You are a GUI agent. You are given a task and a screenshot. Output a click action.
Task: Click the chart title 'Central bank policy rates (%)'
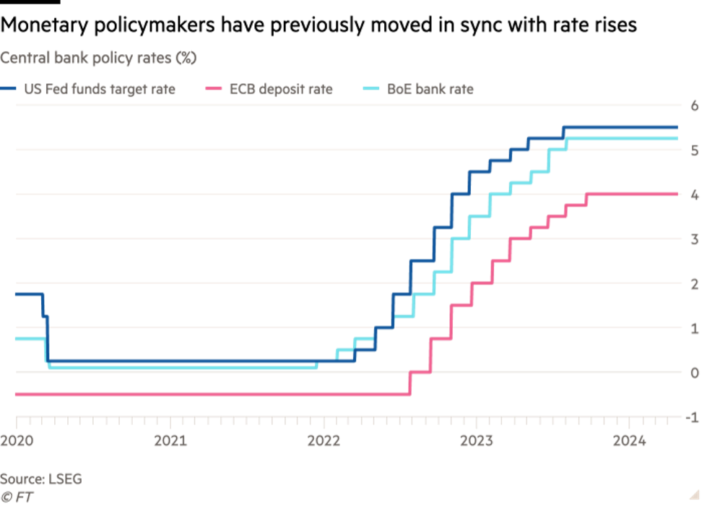[x=98, y=58]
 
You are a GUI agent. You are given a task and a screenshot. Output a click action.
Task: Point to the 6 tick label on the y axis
[x=695, y=106]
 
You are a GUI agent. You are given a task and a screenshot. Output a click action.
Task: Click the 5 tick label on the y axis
[x=695, y=151]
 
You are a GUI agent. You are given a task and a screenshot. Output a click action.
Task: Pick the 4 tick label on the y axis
[x=695, y=195]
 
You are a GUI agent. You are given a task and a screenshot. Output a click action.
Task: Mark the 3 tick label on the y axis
[x=695, y=240]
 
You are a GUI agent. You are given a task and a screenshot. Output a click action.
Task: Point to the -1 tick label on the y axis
[x=693, y=418]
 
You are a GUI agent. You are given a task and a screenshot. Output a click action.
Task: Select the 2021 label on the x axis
[x=170, y=439]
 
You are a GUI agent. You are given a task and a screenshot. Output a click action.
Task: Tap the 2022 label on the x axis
[x=324, y=439]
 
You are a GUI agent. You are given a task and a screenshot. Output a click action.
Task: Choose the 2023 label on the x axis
[x=477, y=439]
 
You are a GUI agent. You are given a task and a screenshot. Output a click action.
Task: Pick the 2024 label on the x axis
[x=630, y=439]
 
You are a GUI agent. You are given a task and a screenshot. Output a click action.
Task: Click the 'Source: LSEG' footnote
[x=41, y=479]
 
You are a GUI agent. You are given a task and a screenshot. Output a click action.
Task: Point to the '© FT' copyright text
[x=17, y=495]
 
